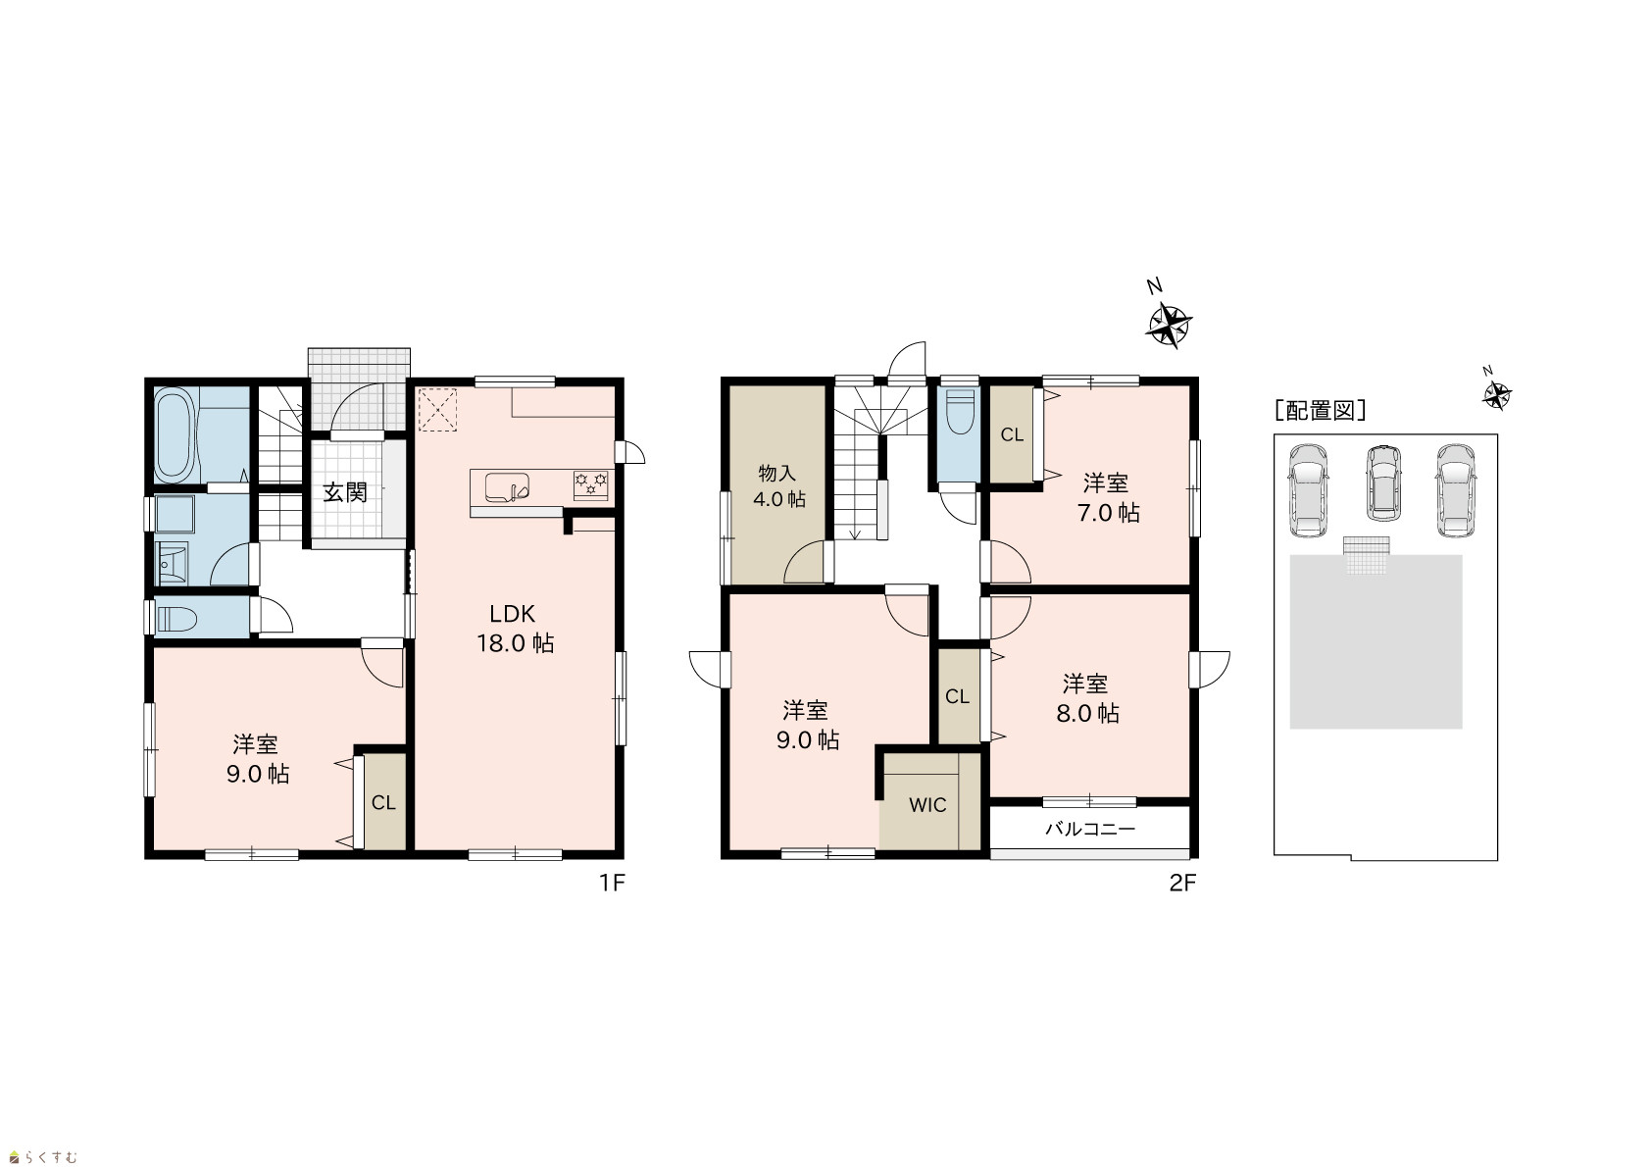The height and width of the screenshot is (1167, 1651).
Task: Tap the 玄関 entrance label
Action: pos(345,492)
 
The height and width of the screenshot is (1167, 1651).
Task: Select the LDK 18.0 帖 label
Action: pos(515,629)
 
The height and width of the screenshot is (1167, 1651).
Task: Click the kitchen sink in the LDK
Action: pos(507,487)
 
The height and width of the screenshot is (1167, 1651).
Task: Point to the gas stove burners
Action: pos(591,485)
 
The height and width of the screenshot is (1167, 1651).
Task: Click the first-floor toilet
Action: pos(175,619)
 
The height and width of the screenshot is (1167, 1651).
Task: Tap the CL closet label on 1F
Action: pos(383,803)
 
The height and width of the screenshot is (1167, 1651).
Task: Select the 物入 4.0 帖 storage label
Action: pos(778,485)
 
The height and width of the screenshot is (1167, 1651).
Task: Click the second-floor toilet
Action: pos(959,413)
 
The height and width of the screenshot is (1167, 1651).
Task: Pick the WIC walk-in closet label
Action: pos(927,805)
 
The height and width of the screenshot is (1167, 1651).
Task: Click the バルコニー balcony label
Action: pos(1090,830)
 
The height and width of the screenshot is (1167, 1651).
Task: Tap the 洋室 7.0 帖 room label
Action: pos(1108,497)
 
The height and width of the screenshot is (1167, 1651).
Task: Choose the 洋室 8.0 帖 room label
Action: pos(1087,699)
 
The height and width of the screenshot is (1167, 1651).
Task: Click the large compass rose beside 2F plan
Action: pos(1169,325)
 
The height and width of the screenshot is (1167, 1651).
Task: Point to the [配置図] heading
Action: pos(1320,411)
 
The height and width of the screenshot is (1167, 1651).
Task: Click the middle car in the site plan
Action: pos(1383,483)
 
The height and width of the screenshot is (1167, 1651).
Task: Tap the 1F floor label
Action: pos(612,883)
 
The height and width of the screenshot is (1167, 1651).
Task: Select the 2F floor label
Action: pos(1183,883)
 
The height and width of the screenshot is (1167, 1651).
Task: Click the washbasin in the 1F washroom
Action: pos(173,564)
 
